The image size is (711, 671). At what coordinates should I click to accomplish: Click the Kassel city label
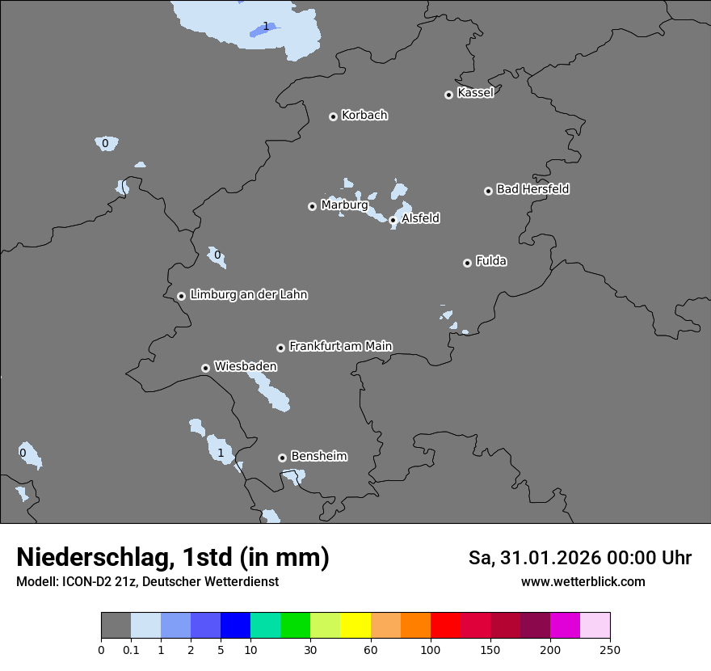tap(475, 93)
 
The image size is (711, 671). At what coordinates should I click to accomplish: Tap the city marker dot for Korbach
tap(333, 116)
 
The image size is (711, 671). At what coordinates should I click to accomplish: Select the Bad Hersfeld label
tap(532, 189)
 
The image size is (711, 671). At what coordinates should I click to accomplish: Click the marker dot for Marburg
tap(312, 206)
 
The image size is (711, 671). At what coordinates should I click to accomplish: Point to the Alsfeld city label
tap(420, 218)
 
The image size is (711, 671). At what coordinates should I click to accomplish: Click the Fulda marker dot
tap(467, 263)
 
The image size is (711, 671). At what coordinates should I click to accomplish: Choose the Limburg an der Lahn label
tap(248, 295)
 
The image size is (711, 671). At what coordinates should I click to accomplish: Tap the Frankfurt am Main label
tap(340, 346)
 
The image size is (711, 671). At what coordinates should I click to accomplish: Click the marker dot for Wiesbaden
tap(205, 368)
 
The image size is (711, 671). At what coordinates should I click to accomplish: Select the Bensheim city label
tap(318, 456)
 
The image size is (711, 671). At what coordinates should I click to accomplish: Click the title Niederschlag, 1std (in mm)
tap(173, 557)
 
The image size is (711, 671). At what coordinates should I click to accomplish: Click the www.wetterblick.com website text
tap(583, 581)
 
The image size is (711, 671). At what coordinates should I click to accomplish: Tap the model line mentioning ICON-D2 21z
tap(147, 581)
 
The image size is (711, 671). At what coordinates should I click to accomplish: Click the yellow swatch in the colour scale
tap(355, 626)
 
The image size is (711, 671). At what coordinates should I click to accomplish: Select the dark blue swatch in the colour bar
tap(235, 626)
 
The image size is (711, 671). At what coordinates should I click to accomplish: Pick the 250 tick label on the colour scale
tap(610, 649)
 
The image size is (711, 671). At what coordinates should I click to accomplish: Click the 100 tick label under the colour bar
tap(430, 649)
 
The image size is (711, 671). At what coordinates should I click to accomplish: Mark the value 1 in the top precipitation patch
tap(266, 27)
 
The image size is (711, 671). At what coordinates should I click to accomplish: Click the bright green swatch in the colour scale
tap(295, 626)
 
